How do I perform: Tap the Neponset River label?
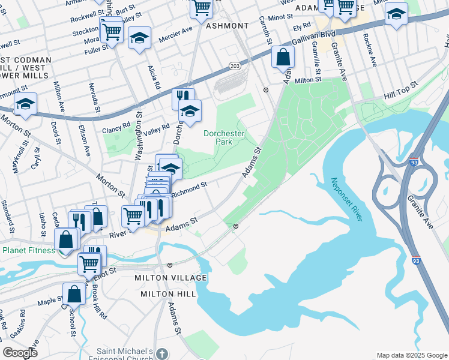[346, 199]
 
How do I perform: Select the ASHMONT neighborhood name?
[227, 26]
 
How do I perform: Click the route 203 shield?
[235, 65]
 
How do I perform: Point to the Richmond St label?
[189, 190]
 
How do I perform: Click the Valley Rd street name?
[157, 128]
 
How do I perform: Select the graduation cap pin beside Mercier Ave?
[139, 39]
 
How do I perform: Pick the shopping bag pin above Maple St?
[74, 294]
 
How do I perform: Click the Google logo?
[20, 353]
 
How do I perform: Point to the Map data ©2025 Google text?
[411, 355]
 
